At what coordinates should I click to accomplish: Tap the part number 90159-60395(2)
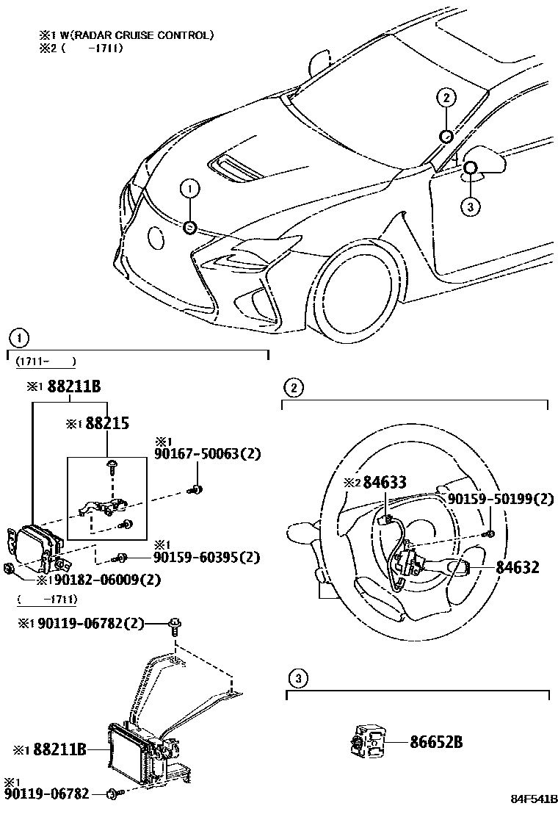pos(207,558)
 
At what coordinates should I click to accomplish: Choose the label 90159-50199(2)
pos(501,499)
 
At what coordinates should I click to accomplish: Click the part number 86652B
pos(436,741)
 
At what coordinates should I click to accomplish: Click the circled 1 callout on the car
pos(189,189)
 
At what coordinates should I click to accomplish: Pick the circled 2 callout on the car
pos(446,96)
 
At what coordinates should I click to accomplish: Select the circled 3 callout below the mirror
pos(471,206)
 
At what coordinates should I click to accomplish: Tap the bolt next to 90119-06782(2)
pos(175,626)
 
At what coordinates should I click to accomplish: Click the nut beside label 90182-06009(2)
pos(9,569)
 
